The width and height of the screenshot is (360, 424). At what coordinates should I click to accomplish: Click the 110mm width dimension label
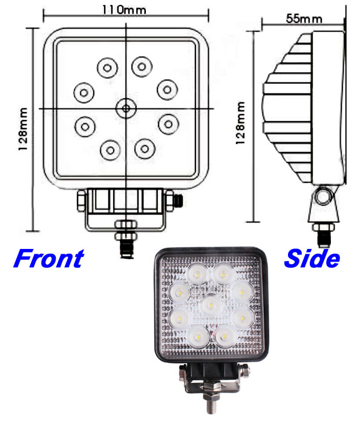click(124, 10)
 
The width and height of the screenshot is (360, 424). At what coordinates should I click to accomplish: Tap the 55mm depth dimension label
click(304, 19)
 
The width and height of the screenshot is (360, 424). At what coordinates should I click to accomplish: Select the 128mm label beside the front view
click(23, 129)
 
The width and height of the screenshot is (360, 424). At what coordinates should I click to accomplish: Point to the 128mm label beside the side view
click(240, 123)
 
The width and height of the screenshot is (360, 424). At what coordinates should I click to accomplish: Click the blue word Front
click(49, 259)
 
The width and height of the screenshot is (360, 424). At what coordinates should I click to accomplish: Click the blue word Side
click(312, 259)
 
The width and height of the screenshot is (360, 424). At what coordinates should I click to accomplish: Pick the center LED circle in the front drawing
click(126, 108)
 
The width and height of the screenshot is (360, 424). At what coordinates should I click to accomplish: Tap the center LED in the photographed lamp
click(211, 305)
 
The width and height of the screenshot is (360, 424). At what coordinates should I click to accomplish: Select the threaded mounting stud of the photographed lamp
click(211, 402)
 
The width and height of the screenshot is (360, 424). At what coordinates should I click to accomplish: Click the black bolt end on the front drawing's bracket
click(178, 200)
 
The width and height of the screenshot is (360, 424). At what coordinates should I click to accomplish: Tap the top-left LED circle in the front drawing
click(108, 68)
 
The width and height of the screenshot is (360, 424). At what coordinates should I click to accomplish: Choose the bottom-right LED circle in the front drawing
click(145, 149)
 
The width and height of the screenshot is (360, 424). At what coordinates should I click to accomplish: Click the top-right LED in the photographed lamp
click(223, 275)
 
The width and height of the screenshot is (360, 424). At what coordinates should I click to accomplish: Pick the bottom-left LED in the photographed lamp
click(199, 337)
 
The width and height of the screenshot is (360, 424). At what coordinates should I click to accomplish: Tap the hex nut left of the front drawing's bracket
click(81, 200)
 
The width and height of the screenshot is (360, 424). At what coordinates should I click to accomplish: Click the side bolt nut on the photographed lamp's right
click(244, 370)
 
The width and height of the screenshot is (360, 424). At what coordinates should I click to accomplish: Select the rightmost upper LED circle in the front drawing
click(168, 90)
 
